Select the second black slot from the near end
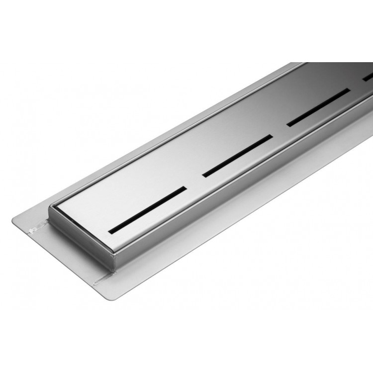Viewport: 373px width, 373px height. (238, 155)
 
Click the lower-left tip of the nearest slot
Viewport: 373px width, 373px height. (110, 230)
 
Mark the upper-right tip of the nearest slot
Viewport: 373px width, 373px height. (186, 188)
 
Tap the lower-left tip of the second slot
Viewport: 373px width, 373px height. (203, 175)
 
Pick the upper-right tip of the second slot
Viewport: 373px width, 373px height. (272, 136)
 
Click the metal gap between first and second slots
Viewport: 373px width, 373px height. (194, 182)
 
